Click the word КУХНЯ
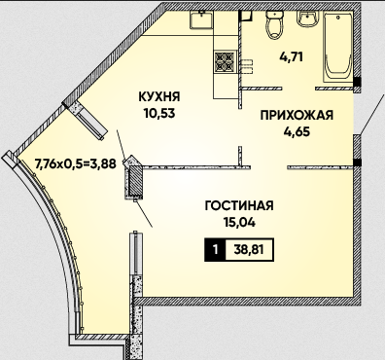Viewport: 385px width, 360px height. (x=159, y=96)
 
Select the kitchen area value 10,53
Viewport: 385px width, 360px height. (x=159, y=113)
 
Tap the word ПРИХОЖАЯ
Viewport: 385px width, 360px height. (x=297, y=115)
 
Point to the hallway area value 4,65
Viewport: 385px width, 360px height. (x=297, y=132)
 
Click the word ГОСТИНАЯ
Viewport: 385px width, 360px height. (x=239, y=205)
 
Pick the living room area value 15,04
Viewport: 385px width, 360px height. (x=239, y=223)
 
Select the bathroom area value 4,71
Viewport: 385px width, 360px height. (x=291, y=57)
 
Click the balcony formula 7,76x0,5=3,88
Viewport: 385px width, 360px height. (x=75, y=164)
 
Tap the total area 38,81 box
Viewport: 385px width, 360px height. (x=249, y=250)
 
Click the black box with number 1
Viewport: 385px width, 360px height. (x=215, y=250)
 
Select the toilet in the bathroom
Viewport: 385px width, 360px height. (x=275, y=24)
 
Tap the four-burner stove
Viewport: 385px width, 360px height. (x=225, y=61)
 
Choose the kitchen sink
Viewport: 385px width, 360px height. (x=201, y=19)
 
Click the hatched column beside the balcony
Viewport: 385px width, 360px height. (x=134, y=178)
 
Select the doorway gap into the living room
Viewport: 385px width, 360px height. (x=269, y=167)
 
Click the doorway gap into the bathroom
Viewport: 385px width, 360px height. (x=299, y=89)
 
